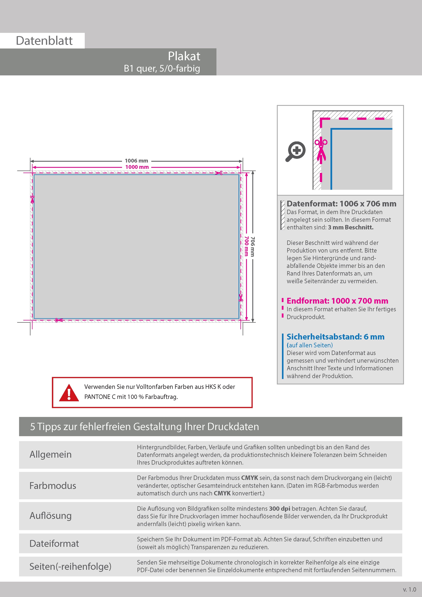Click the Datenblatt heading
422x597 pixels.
coord(44,41)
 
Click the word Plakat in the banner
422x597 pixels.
coord(184,56)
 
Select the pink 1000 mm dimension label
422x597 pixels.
coord(137,167)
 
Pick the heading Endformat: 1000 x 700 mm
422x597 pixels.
coord(337,301)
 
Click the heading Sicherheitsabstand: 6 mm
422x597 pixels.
coord(335,337)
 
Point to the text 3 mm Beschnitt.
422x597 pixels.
coord(351,227)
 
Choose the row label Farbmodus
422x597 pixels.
coord(53,486)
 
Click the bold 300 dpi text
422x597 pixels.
coord(280,509)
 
